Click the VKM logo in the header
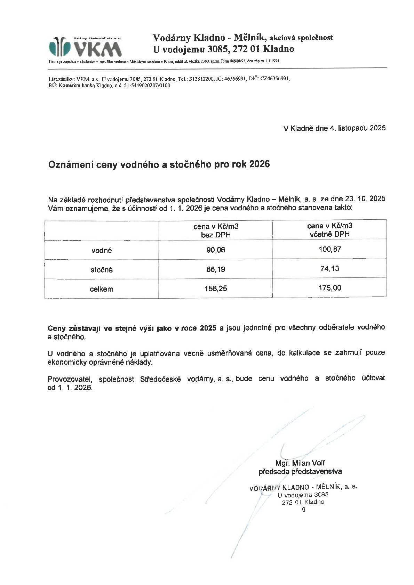click(x=85, y=47)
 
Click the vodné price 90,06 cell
click(x=216, y=250)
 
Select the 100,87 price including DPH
click(x=329, y=249)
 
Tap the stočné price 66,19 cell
click(x=216, y=269)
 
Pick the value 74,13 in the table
click(x=329, y=268)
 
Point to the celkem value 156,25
click(x=216, y=289)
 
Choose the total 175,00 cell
click(x=329, y=288)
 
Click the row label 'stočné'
click(x=102, y=270)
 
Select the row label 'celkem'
click(x=102, y=289)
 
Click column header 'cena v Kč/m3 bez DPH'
click(x=216, y=230)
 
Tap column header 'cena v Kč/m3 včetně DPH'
click(x=329, y=230)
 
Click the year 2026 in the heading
click(x=260, y=164)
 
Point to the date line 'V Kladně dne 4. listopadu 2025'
click(x=334, y=128)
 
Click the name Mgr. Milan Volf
click(x=300, y=463)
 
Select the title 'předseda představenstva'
click(x=300, y=471)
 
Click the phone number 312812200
click(x=201, y=79)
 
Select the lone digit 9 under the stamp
click(x=304, y=510)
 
